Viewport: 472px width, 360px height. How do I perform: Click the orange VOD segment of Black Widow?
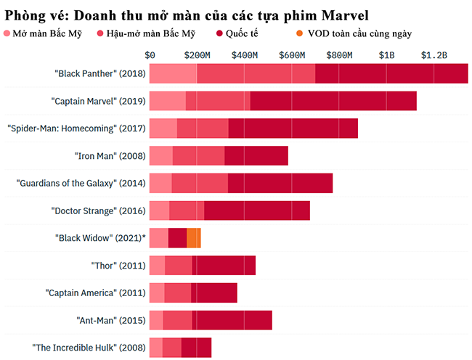point(193,237)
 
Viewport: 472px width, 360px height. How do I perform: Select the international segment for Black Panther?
point(391,74)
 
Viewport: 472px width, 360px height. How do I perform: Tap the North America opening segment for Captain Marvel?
point(167,101)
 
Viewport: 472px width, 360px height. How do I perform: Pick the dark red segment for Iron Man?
point(256,155)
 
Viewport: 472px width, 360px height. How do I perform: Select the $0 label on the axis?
point(150,55)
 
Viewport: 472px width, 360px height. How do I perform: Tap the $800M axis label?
point(339,55)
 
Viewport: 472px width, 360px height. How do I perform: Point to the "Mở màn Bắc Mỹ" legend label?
point(49,33)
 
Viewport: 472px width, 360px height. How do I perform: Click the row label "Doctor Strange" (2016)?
point(99,210)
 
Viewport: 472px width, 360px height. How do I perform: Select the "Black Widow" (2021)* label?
point(100,237)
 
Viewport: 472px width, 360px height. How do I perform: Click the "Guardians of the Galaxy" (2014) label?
point(81,183)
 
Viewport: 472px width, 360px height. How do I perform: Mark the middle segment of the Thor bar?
point(178,265)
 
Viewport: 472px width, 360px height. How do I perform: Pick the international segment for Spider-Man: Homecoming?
point(293,128)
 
